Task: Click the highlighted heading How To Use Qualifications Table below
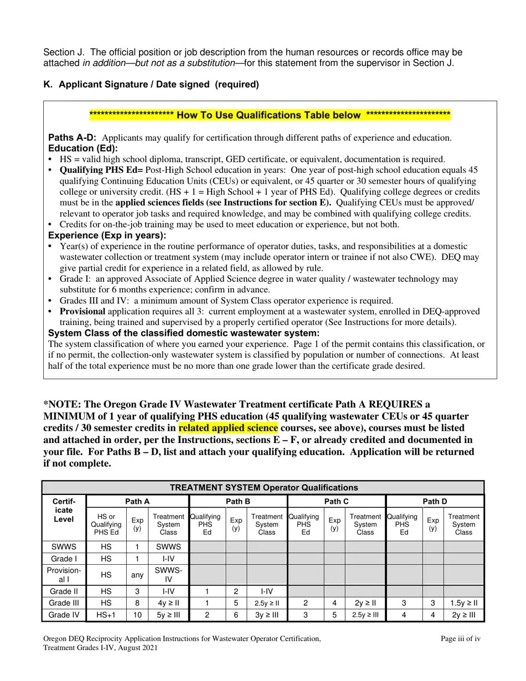[270, 115]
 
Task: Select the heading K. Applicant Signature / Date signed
[151, 85]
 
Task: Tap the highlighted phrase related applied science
[228, 428]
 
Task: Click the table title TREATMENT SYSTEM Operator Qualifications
[264, 488]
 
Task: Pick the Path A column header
[137, 502]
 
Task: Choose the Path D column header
[435, 502]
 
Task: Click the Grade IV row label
[64, 615]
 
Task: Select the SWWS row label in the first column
[64, 546]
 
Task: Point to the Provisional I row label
[64, 575]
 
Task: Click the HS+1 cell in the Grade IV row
[106, 615]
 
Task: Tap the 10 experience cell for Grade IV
[137, 615]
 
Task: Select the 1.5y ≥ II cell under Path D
[463, 603]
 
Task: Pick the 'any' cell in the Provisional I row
[137, 575]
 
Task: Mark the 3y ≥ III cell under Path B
[266, 615]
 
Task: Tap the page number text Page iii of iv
[460, 639]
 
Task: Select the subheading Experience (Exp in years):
[107, 235]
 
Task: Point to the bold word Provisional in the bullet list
[82, 312]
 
